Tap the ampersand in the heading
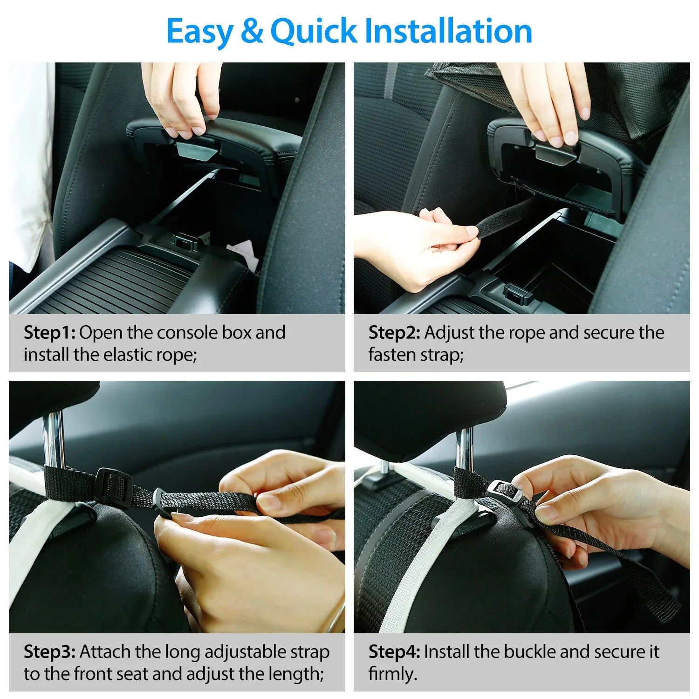click(252, 32)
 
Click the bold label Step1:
click(49, 333)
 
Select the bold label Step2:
click(394, 333)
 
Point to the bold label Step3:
click(49, 652)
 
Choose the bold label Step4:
click(394, 652)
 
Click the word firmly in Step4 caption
click(391, 674)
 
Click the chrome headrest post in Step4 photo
click(464, 447)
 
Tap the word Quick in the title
click(313, 32)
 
